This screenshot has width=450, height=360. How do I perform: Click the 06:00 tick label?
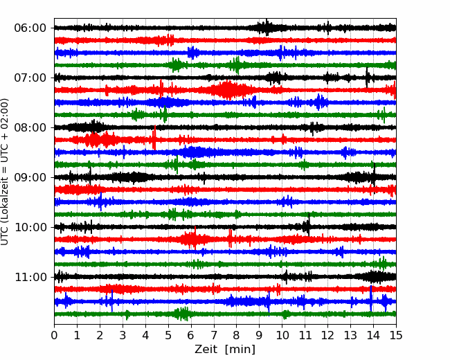coord(30,28)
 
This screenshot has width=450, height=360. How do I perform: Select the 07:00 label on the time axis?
coord(30,78)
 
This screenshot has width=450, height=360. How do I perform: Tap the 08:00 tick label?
coord(30,127)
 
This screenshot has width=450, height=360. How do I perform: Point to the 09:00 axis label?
coord(30,177)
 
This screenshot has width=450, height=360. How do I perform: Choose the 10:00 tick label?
coord(30,227)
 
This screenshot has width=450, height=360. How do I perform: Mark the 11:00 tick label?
coord(30,277)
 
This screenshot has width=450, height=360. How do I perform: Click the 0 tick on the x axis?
coord(54,335)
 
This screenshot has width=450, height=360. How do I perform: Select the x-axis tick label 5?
coord(168,335)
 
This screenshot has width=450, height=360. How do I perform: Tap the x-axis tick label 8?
coord(237,335)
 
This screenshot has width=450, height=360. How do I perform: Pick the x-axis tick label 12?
coord(327,335)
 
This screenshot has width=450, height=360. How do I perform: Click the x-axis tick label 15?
coord(396,335)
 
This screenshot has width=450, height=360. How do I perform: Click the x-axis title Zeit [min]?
coord(225,350)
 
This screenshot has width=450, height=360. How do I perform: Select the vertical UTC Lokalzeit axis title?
coord(5,172)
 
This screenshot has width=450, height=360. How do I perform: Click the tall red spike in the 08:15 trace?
coord(154,138)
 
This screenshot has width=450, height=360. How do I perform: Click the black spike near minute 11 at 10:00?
coord(309,225)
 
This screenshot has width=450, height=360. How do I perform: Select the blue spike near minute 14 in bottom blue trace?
coord(371,298)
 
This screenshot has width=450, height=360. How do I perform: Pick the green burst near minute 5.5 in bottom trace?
coord(181,314)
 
